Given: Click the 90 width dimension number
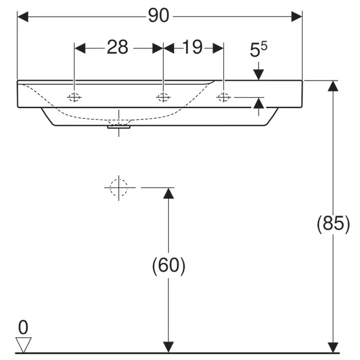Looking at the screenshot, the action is (159, 16).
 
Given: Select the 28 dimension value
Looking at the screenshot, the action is (118, 47).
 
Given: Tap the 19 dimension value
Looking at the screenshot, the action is (193, 47).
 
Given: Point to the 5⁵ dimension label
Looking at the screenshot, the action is (259, 50).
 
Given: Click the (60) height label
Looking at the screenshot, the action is (168, 266).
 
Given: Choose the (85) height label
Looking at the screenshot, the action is (333, 224).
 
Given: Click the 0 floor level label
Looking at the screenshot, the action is (23, 327).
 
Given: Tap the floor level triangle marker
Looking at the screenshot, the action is (23, 344).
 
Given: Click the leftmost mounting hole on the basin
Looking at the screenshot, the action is (74, 97).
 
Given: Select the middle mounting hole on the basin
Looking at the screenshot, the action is (163, 97).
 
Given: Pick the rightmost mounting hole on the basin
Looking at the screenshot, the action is (224, 97).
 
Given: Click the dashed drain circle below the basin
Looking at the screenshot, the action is (119, 187).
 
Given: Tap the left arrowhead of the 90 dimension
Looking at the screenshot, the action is (23, 17).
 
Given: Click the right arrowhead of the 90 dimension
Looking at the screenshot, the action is (297, 17).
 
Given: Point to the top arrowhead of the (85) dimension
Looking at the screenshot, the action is (333, 86).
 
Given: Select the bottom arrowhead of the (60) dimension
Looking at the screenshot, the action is (168, 347).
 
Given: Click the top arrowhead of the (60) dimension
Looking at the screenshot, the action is (168, 193).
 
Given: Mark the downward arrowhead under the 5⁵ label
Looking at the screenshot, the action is (259, 75).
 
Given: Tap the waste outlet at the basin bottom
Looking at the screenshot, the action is (119, 127).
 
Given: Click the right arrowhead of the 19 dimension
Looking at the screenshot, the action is (218, 48).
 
